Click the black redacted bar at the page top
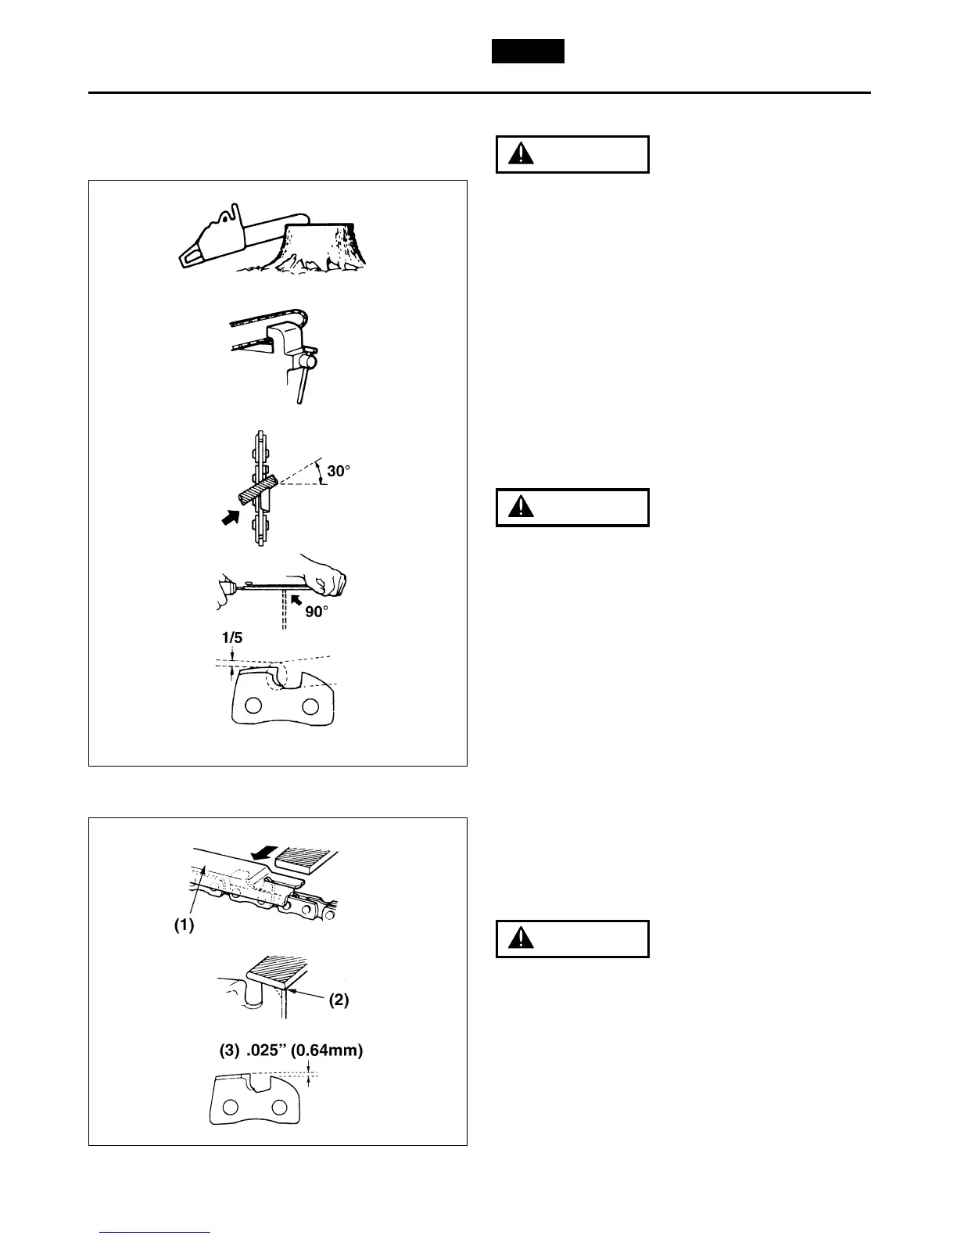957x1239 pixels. tap(528, 52)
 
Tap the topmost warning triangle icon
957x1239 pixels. tap(517, 155)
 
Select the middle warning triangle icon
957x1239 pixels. tap(517, 508)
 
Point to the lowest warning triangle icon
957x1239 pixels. tap(517, 939)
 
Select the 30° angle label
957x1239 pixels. tap(339, 472)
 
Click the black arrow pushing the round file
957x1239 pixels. tap(231, 519)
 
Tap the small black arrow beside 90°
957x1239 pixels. tap(296, 600)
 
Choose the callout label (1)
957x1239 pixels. tap(183, 925)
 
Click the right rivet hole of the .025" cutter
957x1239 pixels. tap(278, 1108)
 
